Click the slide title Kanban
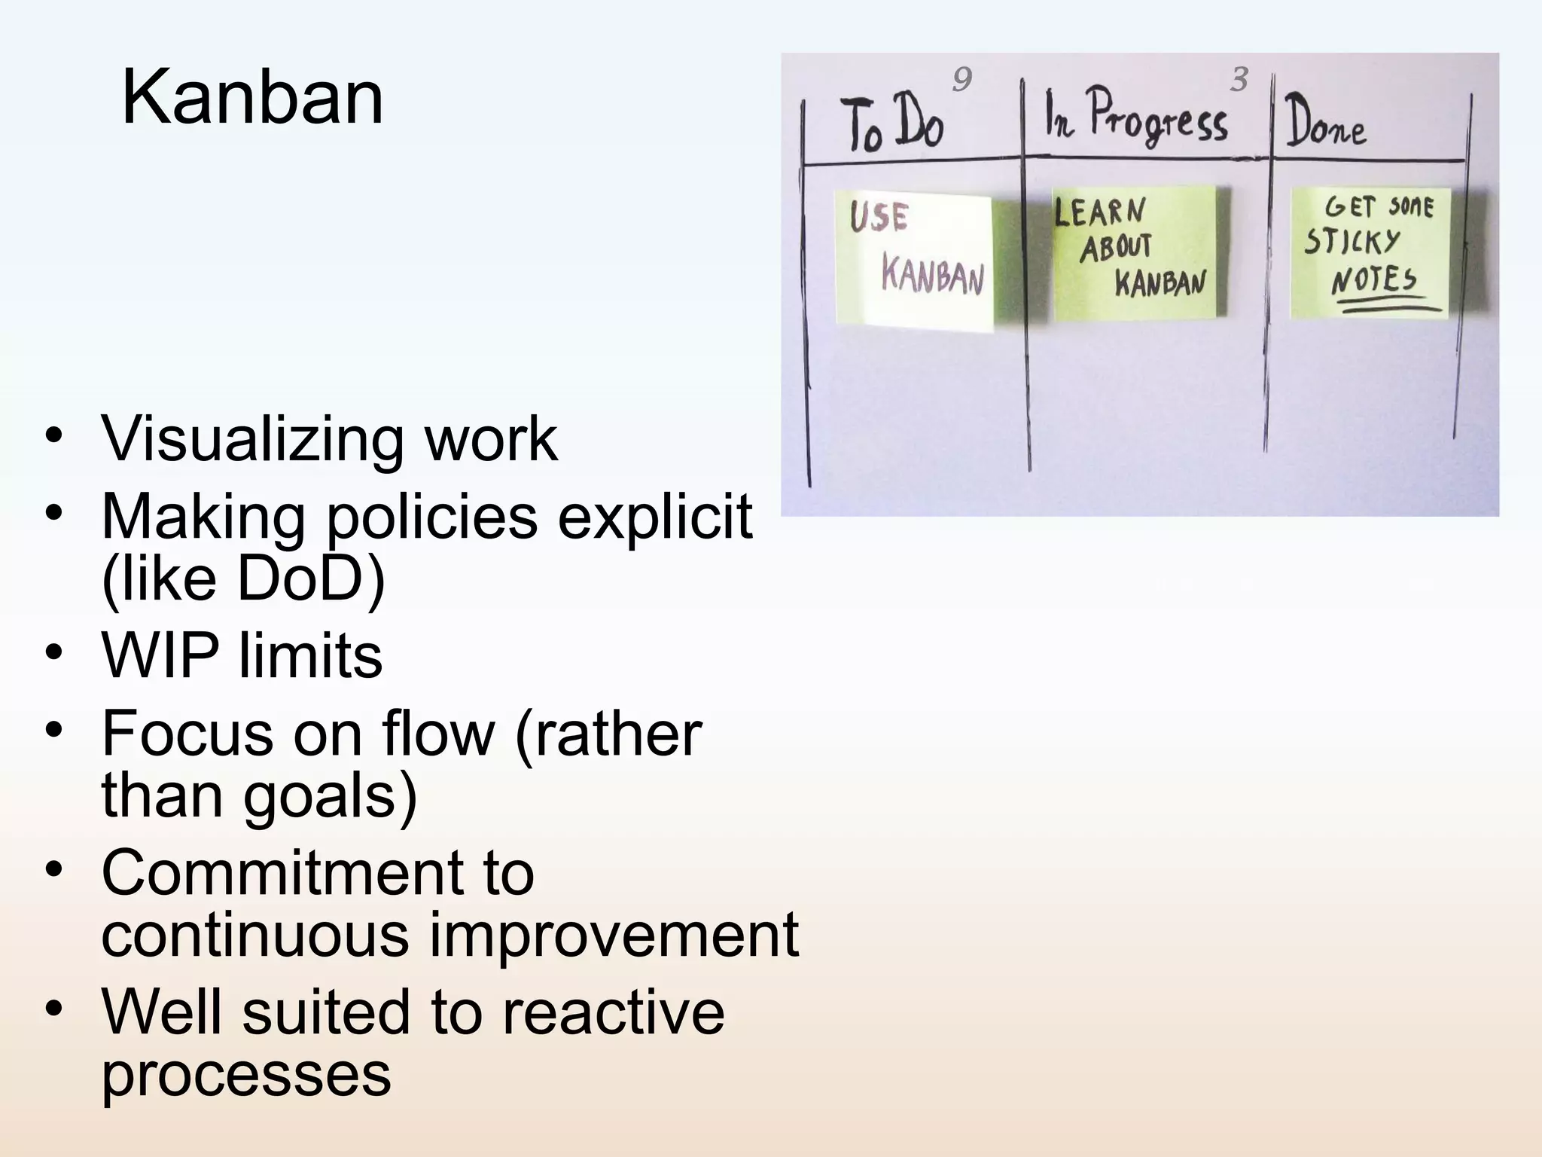[x=252, y=98]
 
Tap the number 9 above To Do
[x=961, y=79]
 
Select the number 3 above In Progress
[x=1239, y=80]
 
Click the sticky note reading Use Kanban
[x=915, y=260]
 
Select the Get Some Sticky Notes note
[x=1370, y=252]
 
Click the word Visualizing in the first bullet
[x=252, y=438]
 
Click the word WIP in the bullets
[x=160, y=655]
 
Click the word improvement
[x=614, y=935]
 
